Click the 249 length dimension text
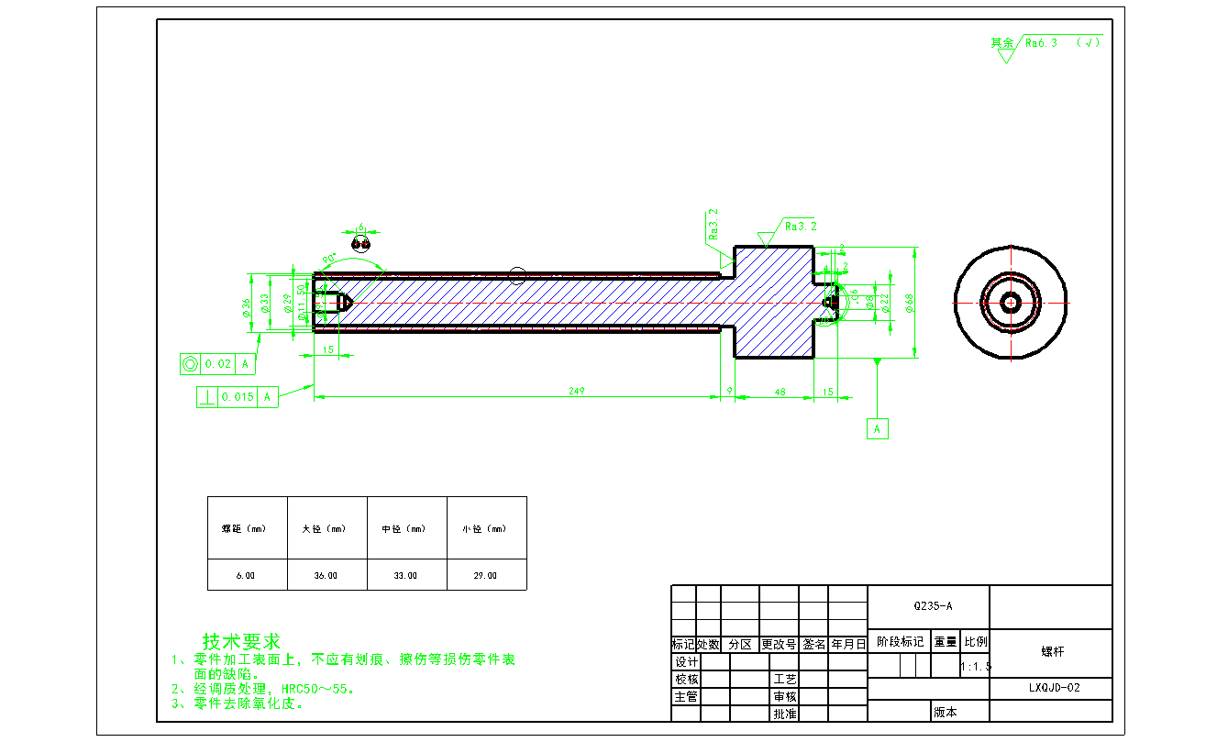click(576, 391)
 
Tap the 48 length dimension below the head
click(780, 392)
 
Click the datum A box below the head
click(878, 428)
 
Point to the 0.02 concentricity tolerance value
click(217, 364)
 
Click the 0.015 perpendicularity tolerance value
click(237, 397)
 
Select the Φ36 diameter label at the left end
click(246, 308)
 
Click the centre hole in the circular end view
click(1011, 303)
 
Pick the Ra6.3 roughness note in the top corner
click(1041, 42)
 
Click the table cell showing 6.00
click(246, 576)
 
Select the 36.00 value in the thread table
click(326, 576)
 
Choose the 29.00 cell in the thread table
click(485, 576)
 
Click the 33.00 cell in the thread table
click(405, 576)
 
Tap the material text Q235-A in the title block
click(933, 606)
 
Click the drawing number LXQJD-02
click(1054, 688)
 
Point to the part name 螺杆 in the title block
click(1052, 652)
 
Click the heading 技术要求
click(241, 641)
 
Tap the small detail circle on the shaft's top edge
click(517, 275)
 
